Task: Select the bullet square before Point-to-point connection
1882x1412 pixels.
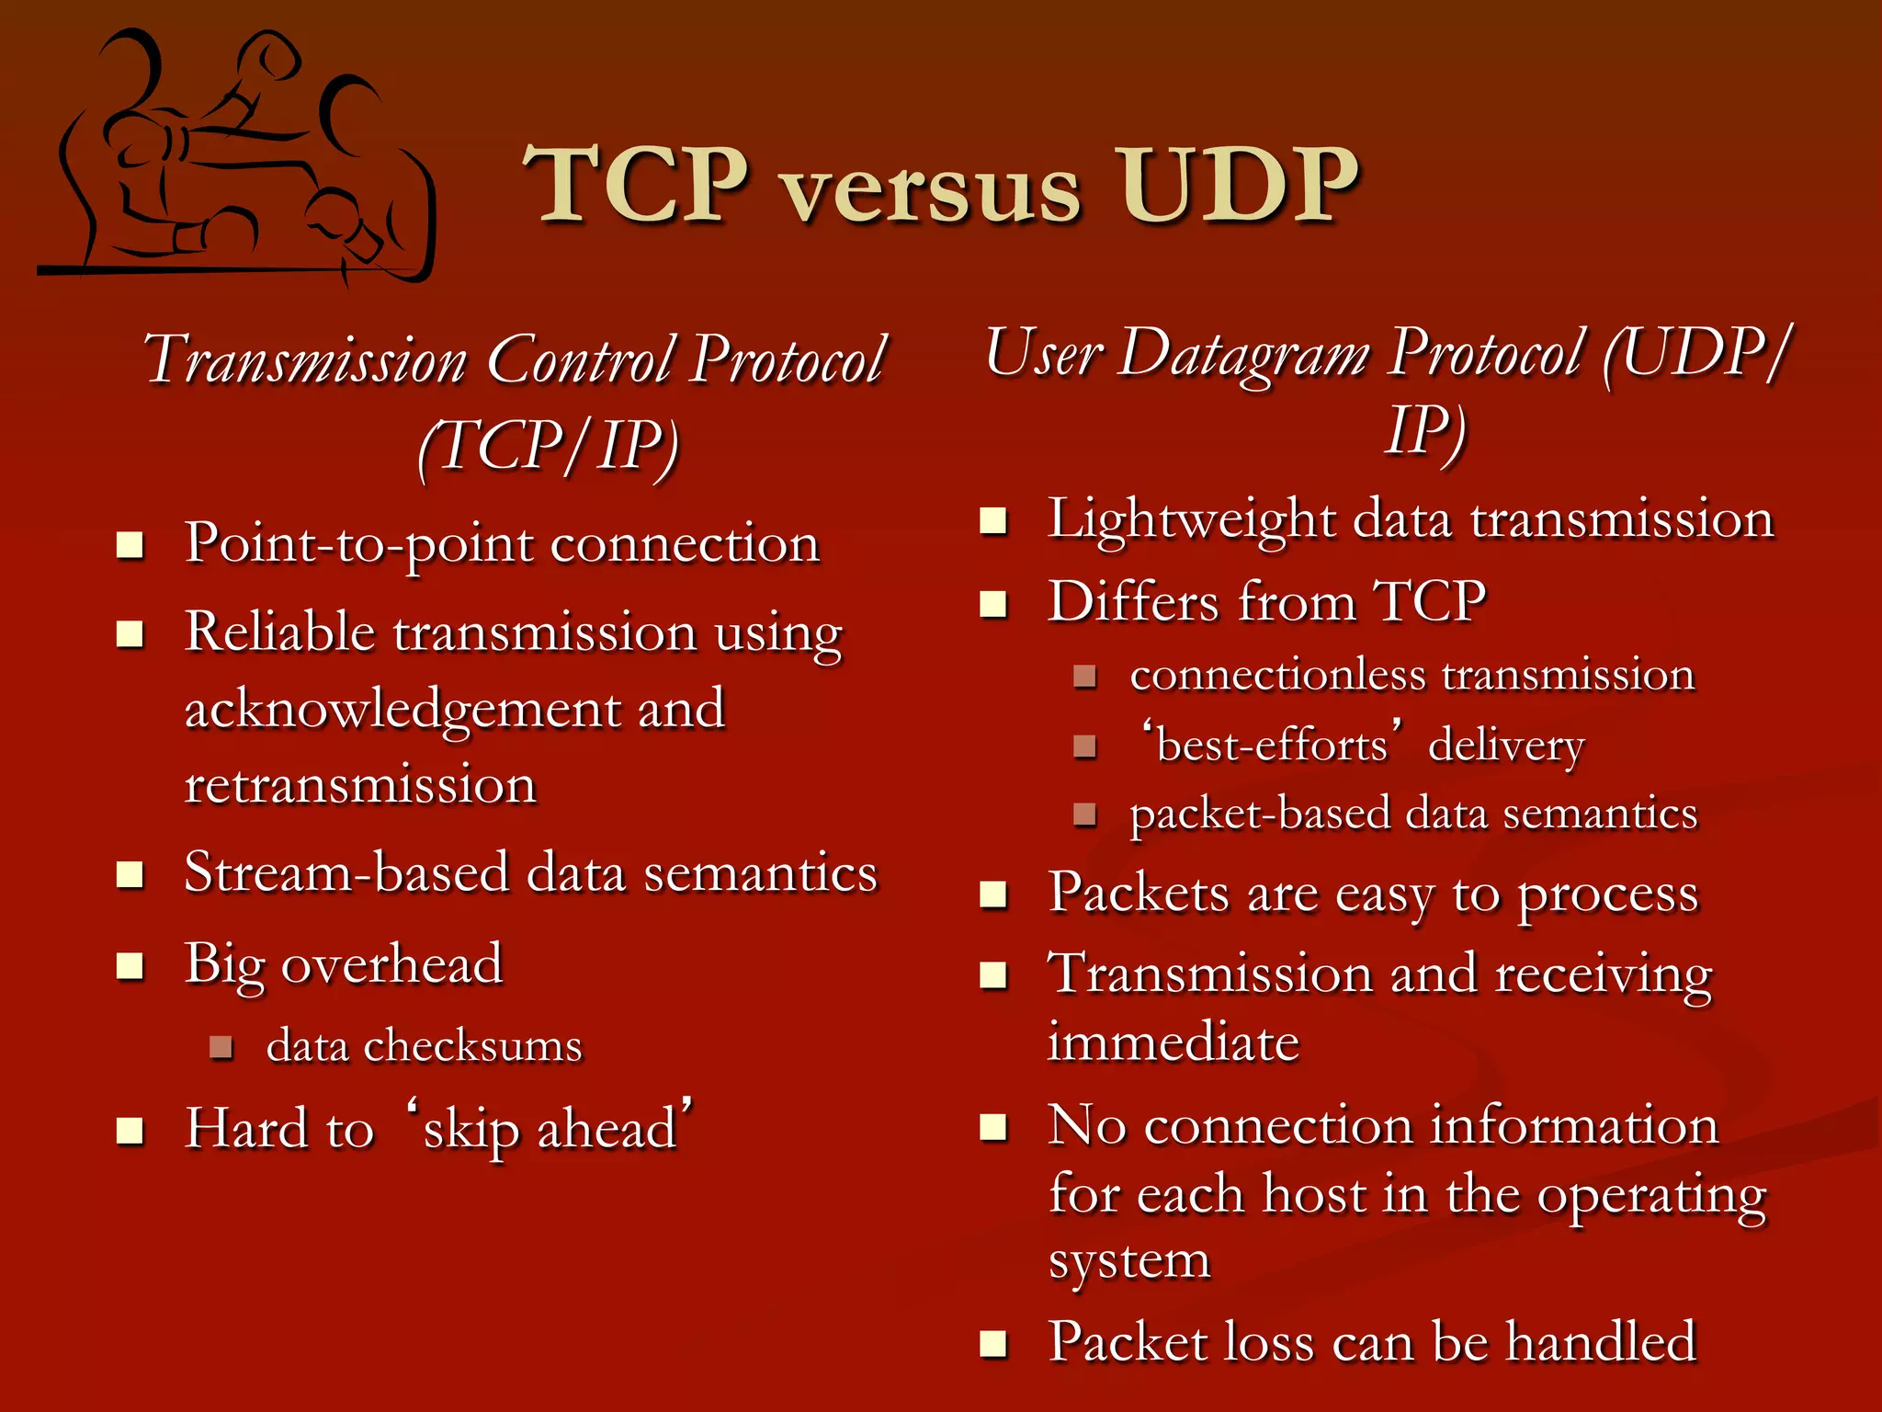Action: pyautogui.click(x=130, y=545)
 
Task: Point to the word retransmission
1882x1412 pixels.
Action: pyautogui.click(x=360, y=786)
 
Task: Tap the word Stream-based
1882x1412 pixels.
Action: pyautogui.click(x=346, y=872)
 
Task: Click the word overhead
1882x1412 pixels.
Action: pyautogui.click(x=392, y=964)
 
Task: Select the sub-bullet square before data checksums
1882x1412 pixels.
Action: pyautogui.click(x=221, y=1046)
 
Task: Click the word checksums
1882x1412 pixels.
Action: pyautogui.click(x=472, y=1046)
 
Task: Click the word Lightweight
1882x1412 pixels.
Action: pyautogui.click(x=1191, y=519)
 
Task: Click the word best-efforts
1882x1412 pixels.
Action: pyautogui.click(x=1272, y=745)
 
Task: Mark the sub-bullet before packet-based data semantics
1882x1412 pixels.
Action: pyautogui.click(x=1085, y=814)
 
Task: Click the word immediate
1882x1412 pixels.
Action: pyautogui.click(x=1173, y=1043)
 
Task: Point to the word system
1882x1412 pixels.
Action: pyautogui.click(x=1129, y=1260)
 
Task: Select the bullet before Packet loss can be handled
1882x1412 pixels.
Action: pyautogui.click(x=993, y=1344)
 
